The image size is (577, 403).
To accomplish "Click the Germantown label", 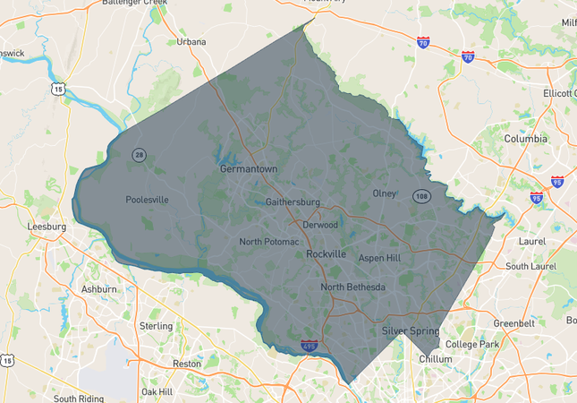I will tap(249, 168).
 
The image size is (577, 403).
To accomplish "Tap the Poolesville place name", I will tap(147, 200).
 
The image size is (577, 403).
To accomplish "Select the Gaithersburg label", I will tap(293, 202).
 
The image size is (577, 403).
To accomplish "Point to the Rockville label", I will tap(326, 254).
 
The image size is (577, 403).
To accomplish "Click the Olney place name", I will tap(384, 193).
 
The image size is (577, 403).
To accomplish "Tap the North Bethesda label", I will tap(353, 287).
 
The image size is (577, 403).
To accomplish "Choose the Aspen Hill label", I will tap(379, 258).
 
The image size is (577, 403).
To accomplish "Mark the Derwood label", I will tap(320, 225).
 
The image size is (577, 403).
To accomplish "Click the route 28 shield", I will tap(139, 155).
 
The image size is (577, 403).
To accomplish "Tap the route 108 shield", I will tap(420, 195).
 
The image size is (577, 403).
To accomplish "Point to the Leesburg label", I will tap(47, 227).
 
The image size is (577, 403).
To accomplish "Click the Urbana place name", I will tap(191, 41).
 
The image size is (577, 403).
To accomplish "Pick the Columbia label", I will tap(525, 139).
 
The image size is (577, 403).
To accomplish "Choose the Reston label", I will tap(187, 364).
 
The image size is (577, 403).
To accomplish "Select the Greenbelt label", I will tap(516, 323).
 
